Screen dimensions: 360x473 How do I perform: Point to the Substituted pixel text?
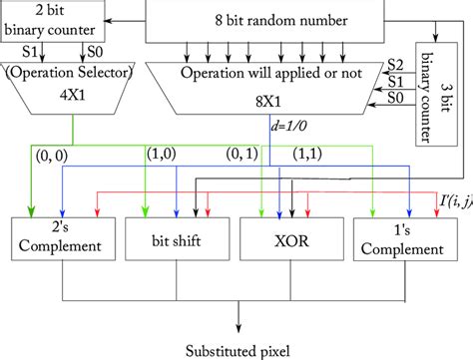(x=239, y=348)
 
